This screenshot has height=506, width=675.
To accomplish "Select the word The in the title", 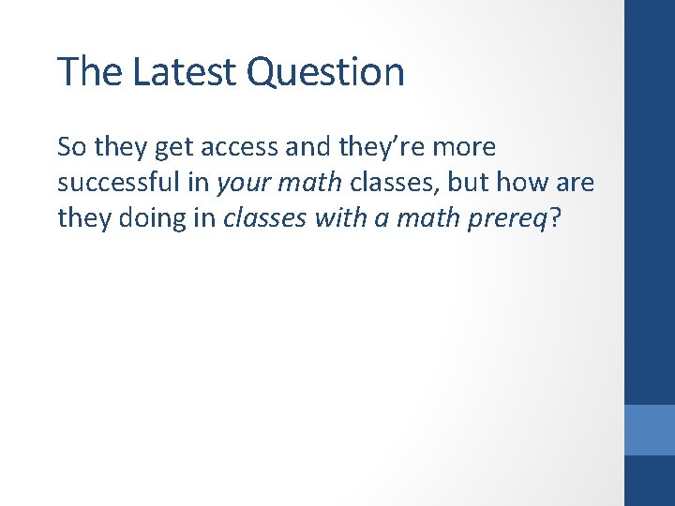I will (90, 72).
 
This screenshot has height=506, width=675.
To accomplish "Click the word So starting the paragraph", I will (71, 147).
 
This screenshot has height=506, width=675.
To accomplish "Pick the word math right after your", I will (310, 182).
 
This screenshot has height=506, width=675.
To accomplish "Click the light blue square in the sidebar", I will (650, 429).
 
